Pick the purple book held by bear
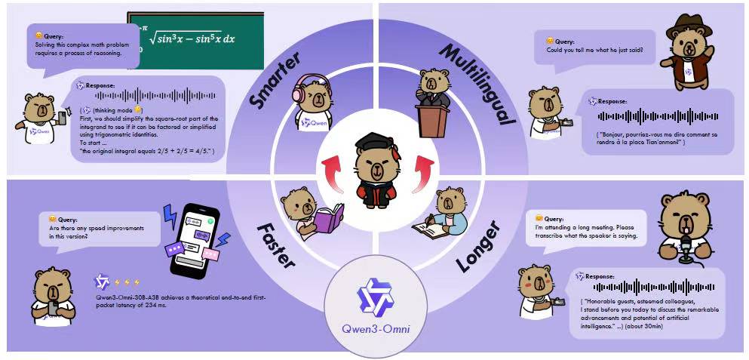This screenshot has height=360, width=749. tap(328, 221)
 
